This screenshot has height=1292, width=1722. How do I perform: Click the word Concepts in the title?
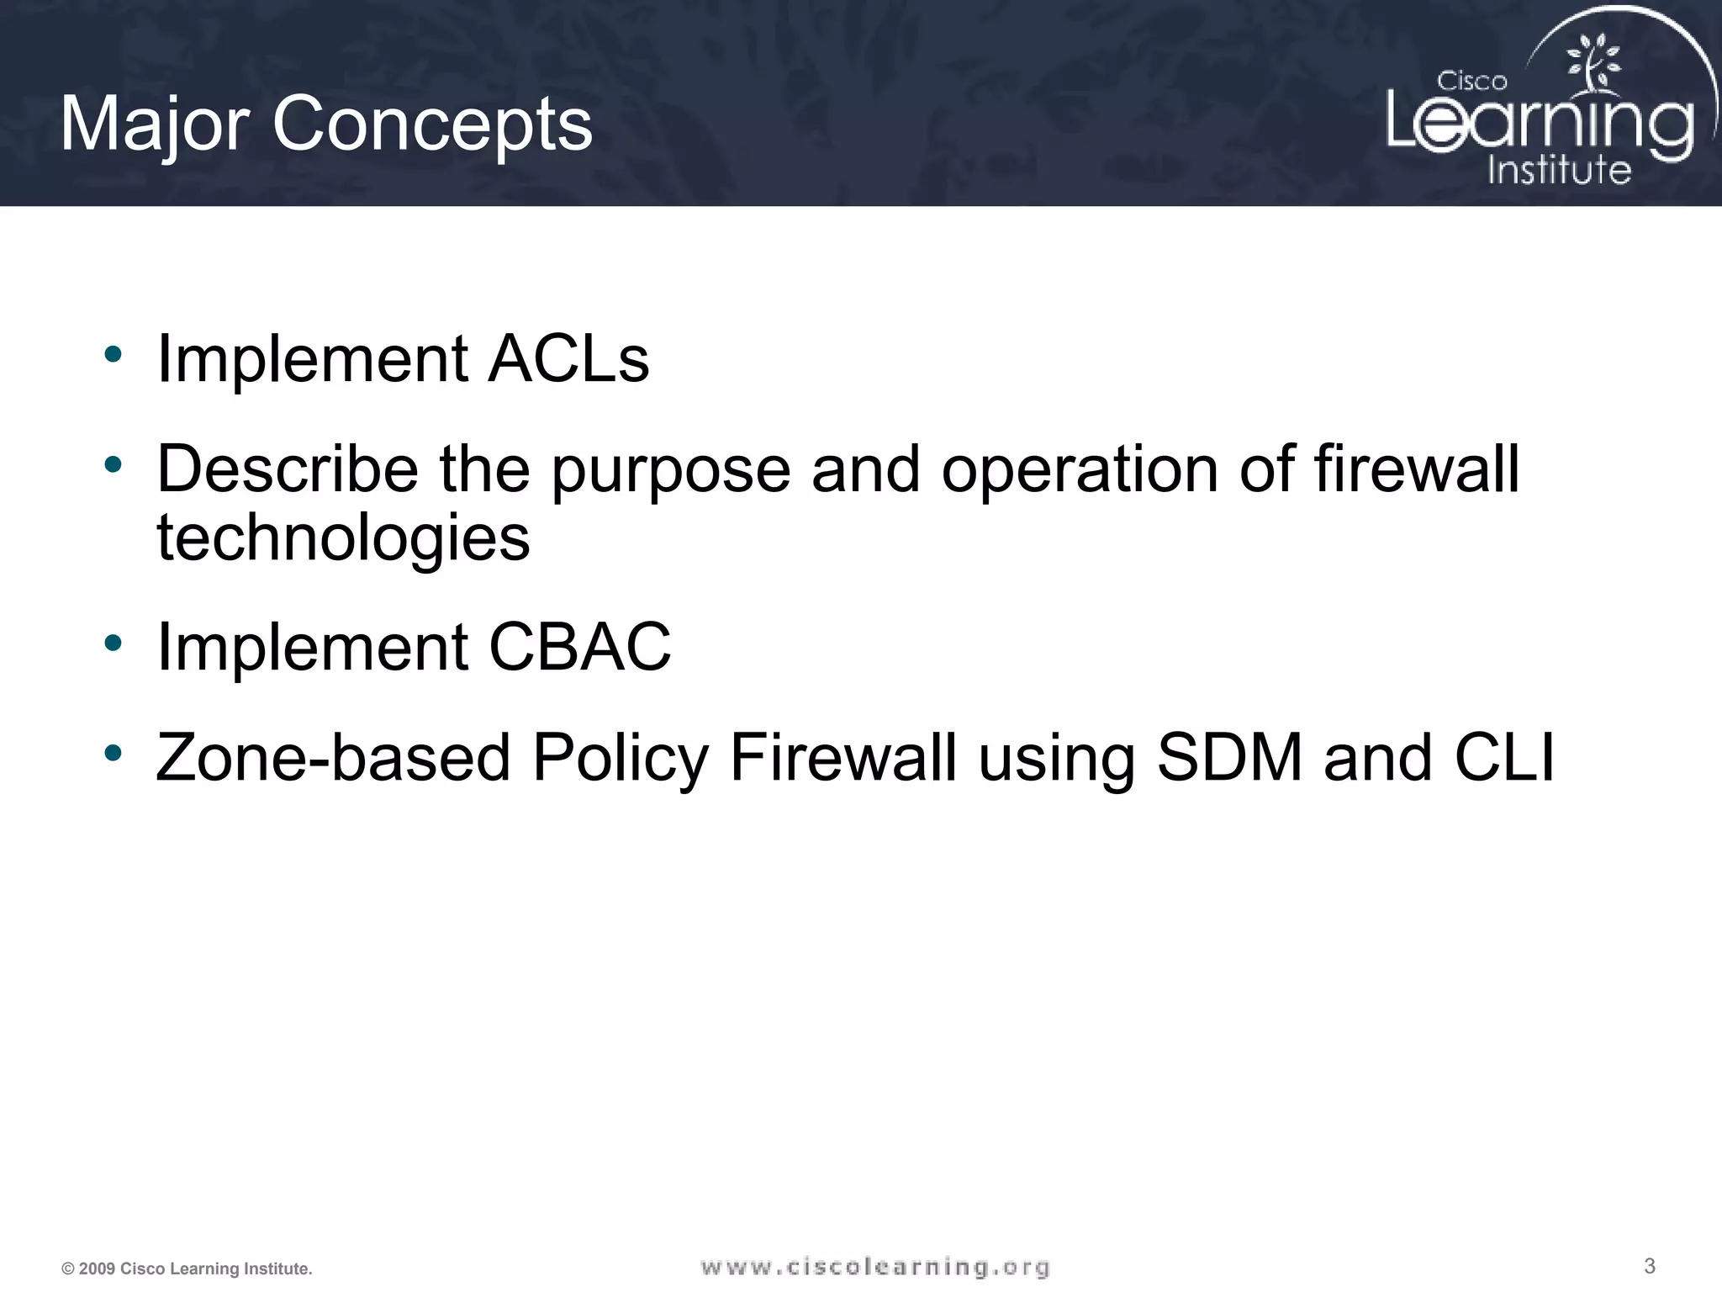pos(432,124)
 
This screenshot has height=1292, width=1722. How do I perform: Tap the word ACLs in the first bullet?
pos(568,359)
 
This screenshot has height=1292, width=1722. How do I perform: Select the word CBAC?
pos(579,647)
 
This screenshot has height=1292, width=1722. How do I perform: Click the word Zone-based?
pos(333,757)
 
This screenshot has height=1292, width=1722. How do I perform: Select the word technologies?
pos(343,538)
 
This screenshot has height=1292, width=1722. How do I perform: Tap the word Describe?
pos(287,469)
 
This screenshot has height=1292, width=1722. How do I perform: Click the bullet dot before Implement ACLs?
pos(113,354)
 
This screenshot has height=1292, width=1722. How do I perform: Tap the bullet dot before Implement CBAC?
pos(113,643)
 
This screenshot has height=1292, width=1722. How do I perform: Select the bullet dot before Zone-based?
pos(113,754)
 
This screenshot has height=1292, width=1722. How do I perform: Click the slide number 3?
pos(1649,1266)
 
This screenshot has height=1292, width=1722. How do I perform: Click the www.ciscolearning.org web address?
pos(874,1267)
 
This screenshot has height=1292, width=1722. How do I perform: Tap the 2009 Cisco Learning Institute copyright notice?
pos(187,1268)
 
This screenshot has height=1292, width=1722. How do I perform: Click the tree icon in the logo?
pos(1592,64)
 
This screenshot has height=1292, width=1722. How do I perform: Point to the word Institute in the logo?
pos(1559,170)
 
